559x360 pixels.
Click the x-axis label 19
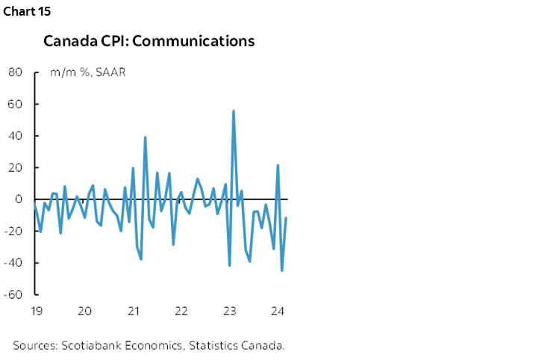click(35, 311)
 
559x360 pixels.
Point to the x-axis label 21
click(133, 311)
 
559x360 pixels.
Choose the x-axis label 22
click(181, 311)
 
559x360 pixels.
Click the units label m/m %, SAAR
click(83, 73)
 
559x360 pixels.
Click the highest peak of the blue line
click(234, 111)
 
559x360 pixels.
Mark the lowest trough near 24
click(281, 270)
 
